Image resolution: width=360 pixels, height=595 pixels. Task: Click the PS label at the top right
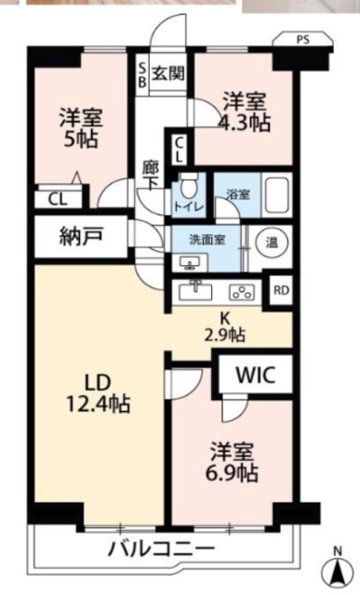tap(303, 39)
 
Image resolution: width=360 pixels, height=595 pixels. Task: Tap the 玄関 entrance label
tap(168, 73)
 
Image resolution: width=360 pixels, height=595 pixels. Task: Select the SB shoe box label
tap(142, 74)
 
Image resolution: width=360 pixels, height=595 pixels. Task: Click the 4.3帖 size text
tap(245, 123)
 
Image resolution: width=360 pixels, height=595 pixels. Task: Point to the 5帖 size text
tap(81, 139)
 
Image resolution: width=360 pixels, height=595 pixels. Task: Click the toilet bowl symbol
tap(186, 186)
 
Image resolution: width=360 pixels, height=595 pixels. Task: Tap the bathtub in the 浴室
tap(277, 195)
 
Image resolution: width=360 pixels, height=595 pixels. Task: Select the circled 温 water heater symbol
tap(271, 243)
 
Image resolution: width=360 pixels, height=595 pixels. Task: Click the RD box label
tap(281, 290)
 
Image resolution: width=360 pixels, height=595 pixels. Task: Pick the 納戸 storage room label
tap(81, 237)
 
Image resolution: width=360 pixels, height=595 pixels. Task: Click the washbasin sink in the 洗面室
tap(190, 263)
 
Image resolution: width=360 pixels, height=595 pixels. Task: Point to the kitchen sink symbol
tap(196, 292)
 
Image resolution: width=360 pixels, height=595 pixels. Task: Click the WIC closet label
tap(255, 375)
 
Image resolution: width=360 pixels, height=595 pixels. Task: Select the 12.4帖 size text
tap(99, 403)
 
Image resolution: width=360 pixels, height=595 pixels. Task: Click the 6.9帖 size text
tap(232, 473)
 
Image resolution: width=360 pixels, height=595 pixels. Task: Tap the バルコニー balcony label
tap(162, 548)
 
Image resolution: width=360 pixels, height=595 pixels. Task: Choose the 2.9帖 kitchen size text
tap(225, 335)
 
